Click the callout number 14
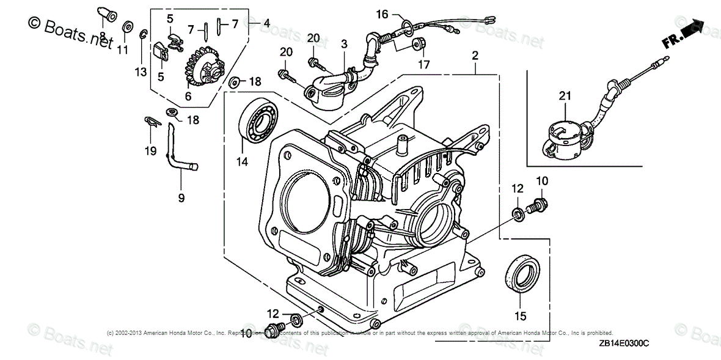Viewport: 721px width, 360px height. [x=243, y=162]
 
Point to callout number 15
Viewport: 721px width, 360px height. [x=520, y=316]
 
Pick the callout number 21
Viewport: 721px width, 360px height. [x=565, y=95]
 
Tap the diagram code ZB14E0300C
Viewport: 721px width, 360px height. [x=624, y=344]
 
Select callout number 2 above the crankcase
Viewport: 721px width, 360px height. [x=475, y=56]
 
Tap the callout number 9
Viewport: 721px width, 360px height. [x=181, y=197]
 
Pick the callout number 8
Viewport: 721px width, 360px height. [x=103, y=36]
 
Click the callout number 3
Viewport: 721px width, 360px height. [x=344, y=44]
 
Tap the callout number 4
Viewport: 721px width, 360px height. [x=266, y=23]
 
